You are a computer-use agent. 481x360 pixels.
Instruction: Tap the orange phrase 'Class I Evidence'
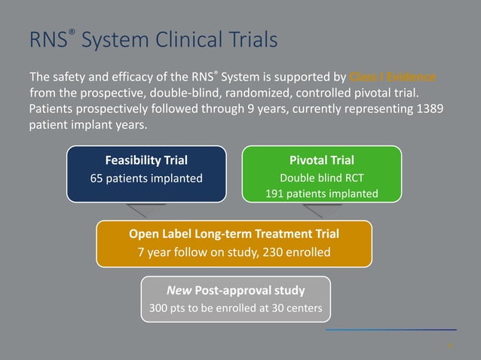click(393, 78)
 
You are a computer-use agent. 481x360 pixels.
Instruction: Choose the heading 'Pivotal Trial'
click(321, 160)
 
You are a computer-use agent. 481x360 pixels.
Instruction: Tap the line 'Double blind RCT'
click(321, 178)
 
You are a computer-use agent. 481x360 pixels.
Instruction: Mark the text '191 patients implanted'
click(321, 194)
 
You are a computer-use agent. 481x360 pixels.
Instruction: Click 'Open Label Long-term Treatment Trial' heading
click(234, 233)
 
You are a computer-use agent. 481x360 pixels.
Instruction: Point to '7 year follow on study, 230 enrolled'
click(234, 252)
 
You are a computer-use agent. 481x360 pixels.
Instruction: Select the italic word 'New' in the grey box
click(180, 290)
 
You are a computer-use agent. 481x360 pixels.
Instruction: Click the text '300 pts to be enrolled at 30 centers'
click(235, 308)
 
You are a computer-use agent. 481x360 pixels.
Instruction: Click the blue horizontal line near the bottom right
click(391, 330)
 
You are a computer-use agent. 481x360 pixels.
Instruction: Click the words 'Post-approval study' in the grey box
click(249, 290)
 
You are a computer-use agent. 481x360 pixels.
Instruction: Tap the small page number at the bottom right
click(450, 346)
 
